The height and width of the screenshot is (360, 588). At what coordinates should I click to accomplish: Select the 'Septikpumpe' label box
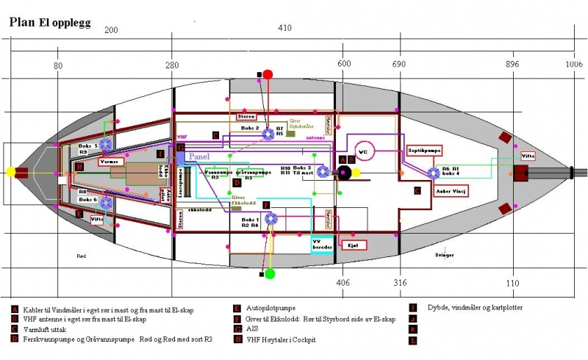(x=424, y=149)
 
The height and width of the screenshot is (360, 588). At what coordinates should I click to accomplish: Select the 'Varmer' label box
(x=109, y=161)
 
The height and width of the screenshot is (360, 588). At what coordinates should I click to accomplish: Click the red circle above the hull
(x=268, y=74)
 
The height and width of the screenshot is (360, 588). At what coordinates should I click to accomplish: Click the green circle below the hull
(x=270, y=274)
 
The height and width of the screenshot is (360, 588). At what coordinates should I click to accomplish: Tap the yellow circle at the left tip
(x=10, y=172)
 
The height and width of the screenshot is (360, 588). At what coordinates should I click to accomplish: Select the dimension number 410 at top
(x=285, y=29)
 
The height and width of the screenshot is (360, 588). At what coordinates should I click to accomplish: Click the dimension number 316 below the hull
(x=399, y=283)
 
